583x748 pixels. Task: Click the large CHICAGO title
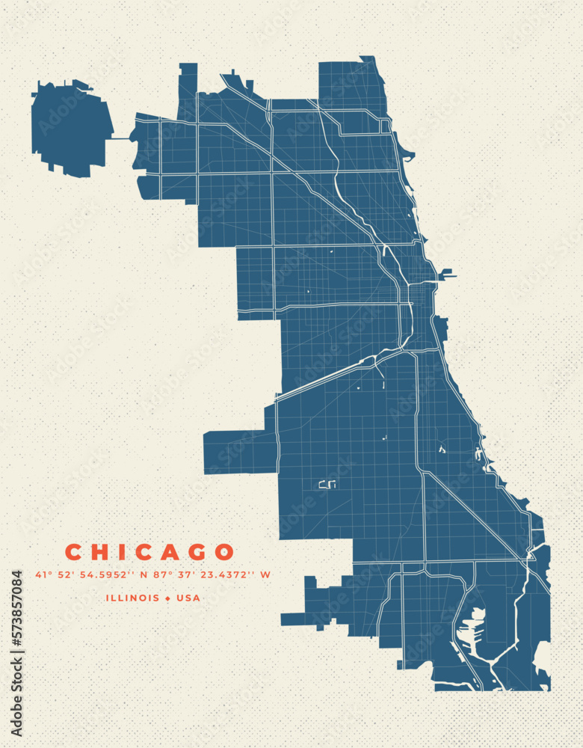coord(149,553)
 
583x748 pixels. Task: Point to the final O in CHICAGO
coord(223,553)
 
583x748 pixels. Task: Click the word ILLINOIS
coord(132,598)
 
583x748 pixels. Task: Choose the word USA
coord(188,598)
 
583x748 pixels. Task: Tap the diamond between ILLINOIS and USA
coord(168,598)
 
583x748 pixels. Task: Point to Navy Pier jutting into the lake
coord(447,274)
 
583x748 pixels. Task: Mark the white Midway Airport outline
coord(328,484)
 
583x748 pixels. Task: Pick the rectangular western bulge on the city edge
coord(239,452)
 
